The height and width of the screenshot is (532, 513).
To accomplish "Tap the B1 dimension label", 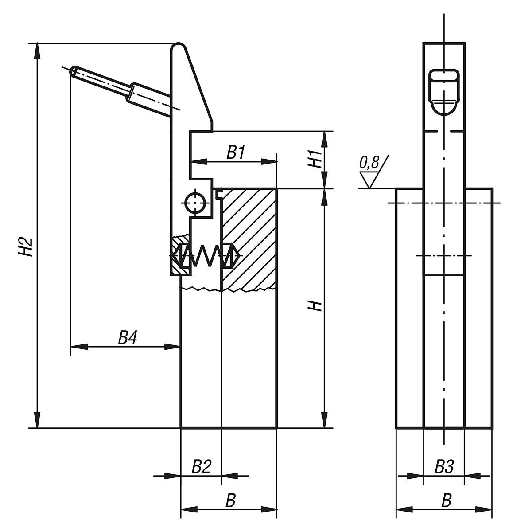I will point(236,153).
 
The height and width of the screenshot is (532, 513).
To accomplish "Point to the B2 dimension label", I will point(201,467).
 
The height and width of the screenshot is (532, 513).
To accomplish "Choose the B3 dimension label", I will point(444,467).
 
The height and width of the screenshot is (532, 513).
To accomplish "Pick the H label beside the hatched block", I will point(315,305).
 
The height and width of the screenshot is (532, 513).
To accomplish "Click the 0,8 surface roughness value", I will point(369,164).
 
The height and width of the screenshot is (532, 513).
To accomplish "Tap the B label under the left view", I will point(230,501).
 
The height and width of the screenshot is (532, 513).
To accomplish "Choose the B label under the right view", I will point(447,501).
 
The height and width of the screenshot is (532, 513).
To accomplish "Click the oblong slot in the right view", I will point(444,76).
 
